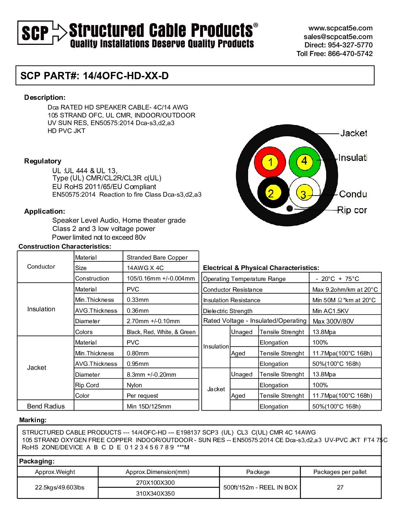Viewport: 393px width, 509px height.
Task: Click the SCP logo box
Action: coord(35,33)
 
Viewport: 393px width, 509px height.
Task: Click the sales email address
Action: coord(338,37)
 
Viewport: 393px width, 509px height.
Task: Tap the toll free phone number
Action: coord(334,54)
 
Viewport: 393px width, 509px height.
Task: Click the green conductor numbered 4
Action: coord(305,161)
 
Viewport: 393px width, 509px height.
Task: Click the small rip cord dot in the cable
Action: coord(289,208)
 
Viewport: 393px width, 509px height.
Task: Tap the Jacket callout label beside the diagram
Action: coord(354,133)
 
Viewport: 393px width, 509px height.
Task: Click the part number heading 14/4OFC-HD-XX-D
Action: coord(95,76)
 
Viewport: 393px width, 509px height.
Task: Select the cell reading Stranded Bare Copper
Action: coord(157,257)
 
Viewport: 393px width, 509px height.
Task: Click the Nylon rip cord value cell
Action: coord(134,385)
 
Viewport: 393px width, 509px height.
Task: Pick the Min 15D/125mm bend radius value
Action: coord(149,406)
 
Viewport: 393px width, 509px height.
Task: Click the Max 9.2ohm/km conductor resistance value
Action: coord(345,290)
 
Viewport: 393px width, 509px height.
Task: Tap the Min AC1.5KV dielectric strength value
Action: coord(331,311)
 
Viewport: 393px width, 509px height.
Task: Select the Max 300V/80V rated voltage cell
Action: coord(333,321)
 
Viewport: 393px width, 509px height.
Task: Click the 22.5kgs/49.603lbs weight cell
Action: coord(60,487)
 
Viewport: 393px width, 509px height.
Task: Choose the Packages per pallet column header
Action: coord(340,472)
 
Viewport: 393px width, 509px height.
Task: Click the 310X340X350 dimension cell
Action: coord(155,493)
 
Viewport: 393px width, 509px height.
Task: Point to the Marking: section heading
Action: coord(33,420)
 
